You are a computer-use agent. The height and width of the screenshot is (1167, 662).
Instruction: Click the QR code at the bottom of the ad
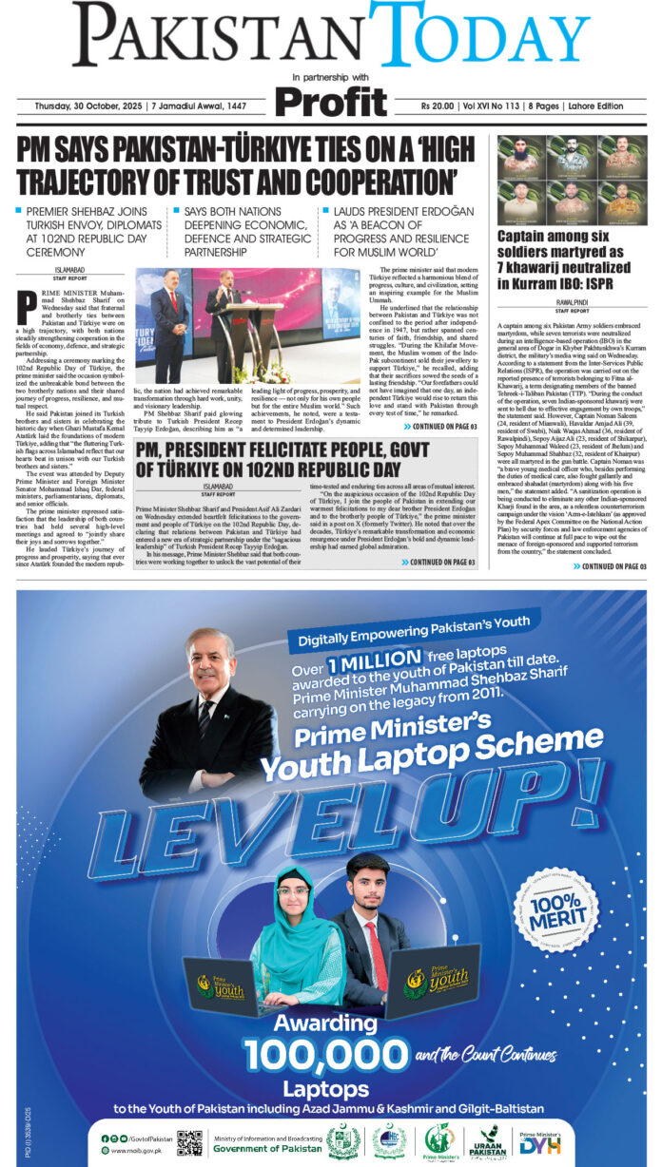(x=189, y=1142)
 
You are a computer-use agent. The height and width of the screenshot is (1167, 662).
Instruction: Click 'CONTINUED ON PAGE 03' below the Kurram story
(x=609, y=566)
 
